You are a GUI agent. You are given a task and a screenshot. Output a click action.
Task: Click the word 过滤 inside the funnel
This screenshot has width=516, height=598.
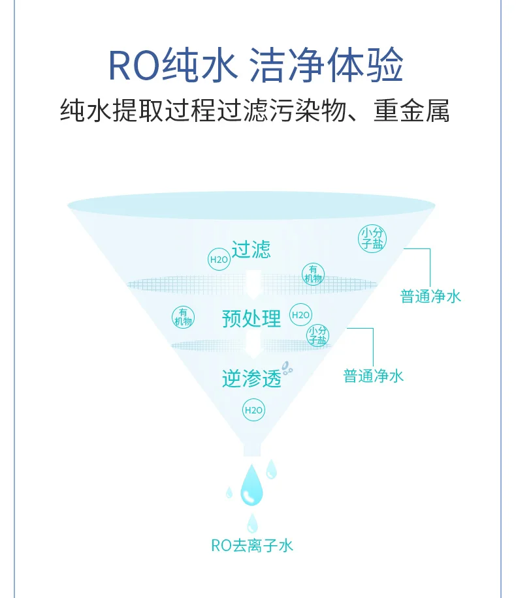click(251, 249)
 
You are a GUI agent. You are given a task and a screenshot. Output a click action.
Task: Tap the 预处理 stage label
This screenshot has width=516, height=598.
click(251, 318)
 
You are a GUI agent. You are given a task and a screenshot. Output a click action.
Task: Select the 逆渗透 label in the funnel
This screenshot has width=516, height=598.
click(251, 379)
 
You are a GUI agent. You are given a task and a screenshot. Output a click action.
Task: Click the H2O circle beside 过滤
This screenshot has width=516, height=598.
click(218, 259)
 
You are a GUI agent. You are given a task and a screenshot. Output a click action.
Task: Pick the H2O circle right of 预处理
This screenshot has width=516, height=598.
click(300, 315)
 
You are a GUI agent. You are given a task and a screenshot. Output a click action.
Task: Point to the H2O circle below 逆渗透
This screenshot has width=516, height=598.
click(253, 410)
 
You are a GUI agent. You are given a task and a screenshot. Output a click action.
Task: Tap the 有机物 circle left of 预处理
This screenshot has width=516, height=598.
click(183, 317)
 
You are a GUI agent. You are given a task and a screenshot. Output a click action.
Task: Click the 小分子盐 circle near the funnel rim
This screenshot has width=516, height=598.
click(372, 238)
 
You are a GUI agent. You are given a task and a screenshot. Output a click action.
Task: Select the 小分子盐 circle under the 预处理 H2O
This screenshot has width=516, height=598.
click(318, 335)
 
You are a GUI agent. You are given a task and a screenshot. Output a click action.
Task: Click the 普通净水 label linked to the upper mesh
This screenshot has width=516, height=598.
click(430, 297)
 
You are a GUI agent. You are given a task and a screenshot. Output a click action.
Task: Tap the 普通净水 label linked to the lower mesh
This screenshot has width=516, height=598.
click(374, 376)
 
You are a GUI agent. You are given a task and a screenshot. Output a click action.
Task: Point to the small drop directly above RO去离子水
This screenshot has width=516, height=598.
click(252, 522)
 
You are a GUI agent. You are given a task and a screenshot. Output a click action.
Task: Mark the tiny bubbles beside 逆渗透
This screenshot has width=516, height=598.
click(287, 370)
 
